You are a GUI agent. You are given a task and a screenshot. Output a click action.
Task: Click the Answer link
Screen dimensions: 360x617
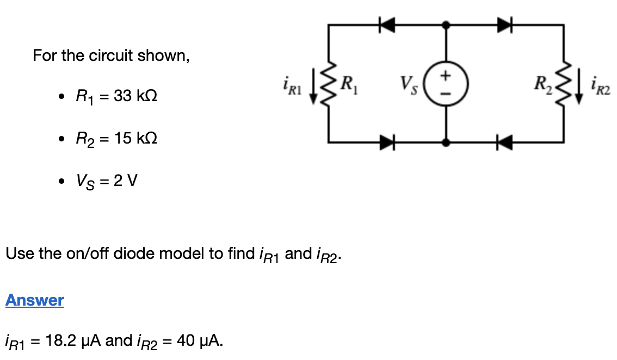click(35, 300)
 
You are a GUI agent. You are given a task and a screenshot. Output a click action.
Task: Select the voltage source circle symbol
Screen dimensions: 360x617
click(446, 84)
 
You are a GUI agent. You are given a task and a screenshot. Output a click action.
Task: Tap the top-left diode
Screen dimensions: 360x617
click(387, 24)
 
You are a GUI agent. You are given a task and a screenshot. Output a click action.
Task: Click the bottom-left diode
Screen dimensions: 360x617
click(387, 143)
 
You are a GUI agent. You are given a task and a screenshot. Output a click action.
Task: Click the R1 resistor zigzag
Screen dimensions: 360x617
click(329, 84)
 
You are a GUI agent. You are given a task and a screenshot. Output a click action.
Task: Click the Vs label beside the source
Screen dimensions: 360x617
click(408, 84)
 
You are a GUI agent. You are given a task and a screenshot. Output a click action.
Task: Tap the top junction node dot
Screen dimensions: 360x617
click(446, 24)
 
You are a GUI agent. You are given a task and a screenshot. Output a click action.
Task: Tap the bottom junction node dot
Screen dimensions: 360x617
click(446, 143)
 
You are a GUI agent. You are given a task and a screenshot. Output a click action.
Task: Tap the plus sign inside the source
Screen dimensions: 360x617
click(446, 76)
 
